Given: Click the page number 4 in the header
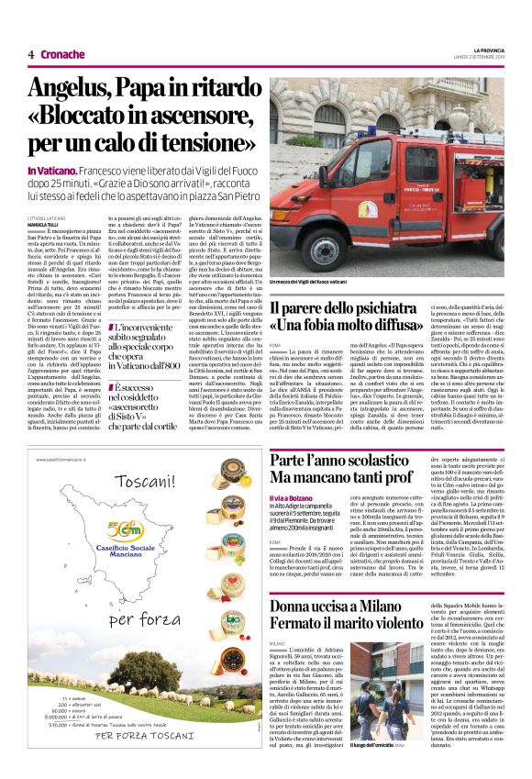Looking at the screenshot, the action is [x=30, y=54].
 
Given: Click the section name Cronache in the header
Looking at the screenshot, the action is [x=63, y=54].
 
